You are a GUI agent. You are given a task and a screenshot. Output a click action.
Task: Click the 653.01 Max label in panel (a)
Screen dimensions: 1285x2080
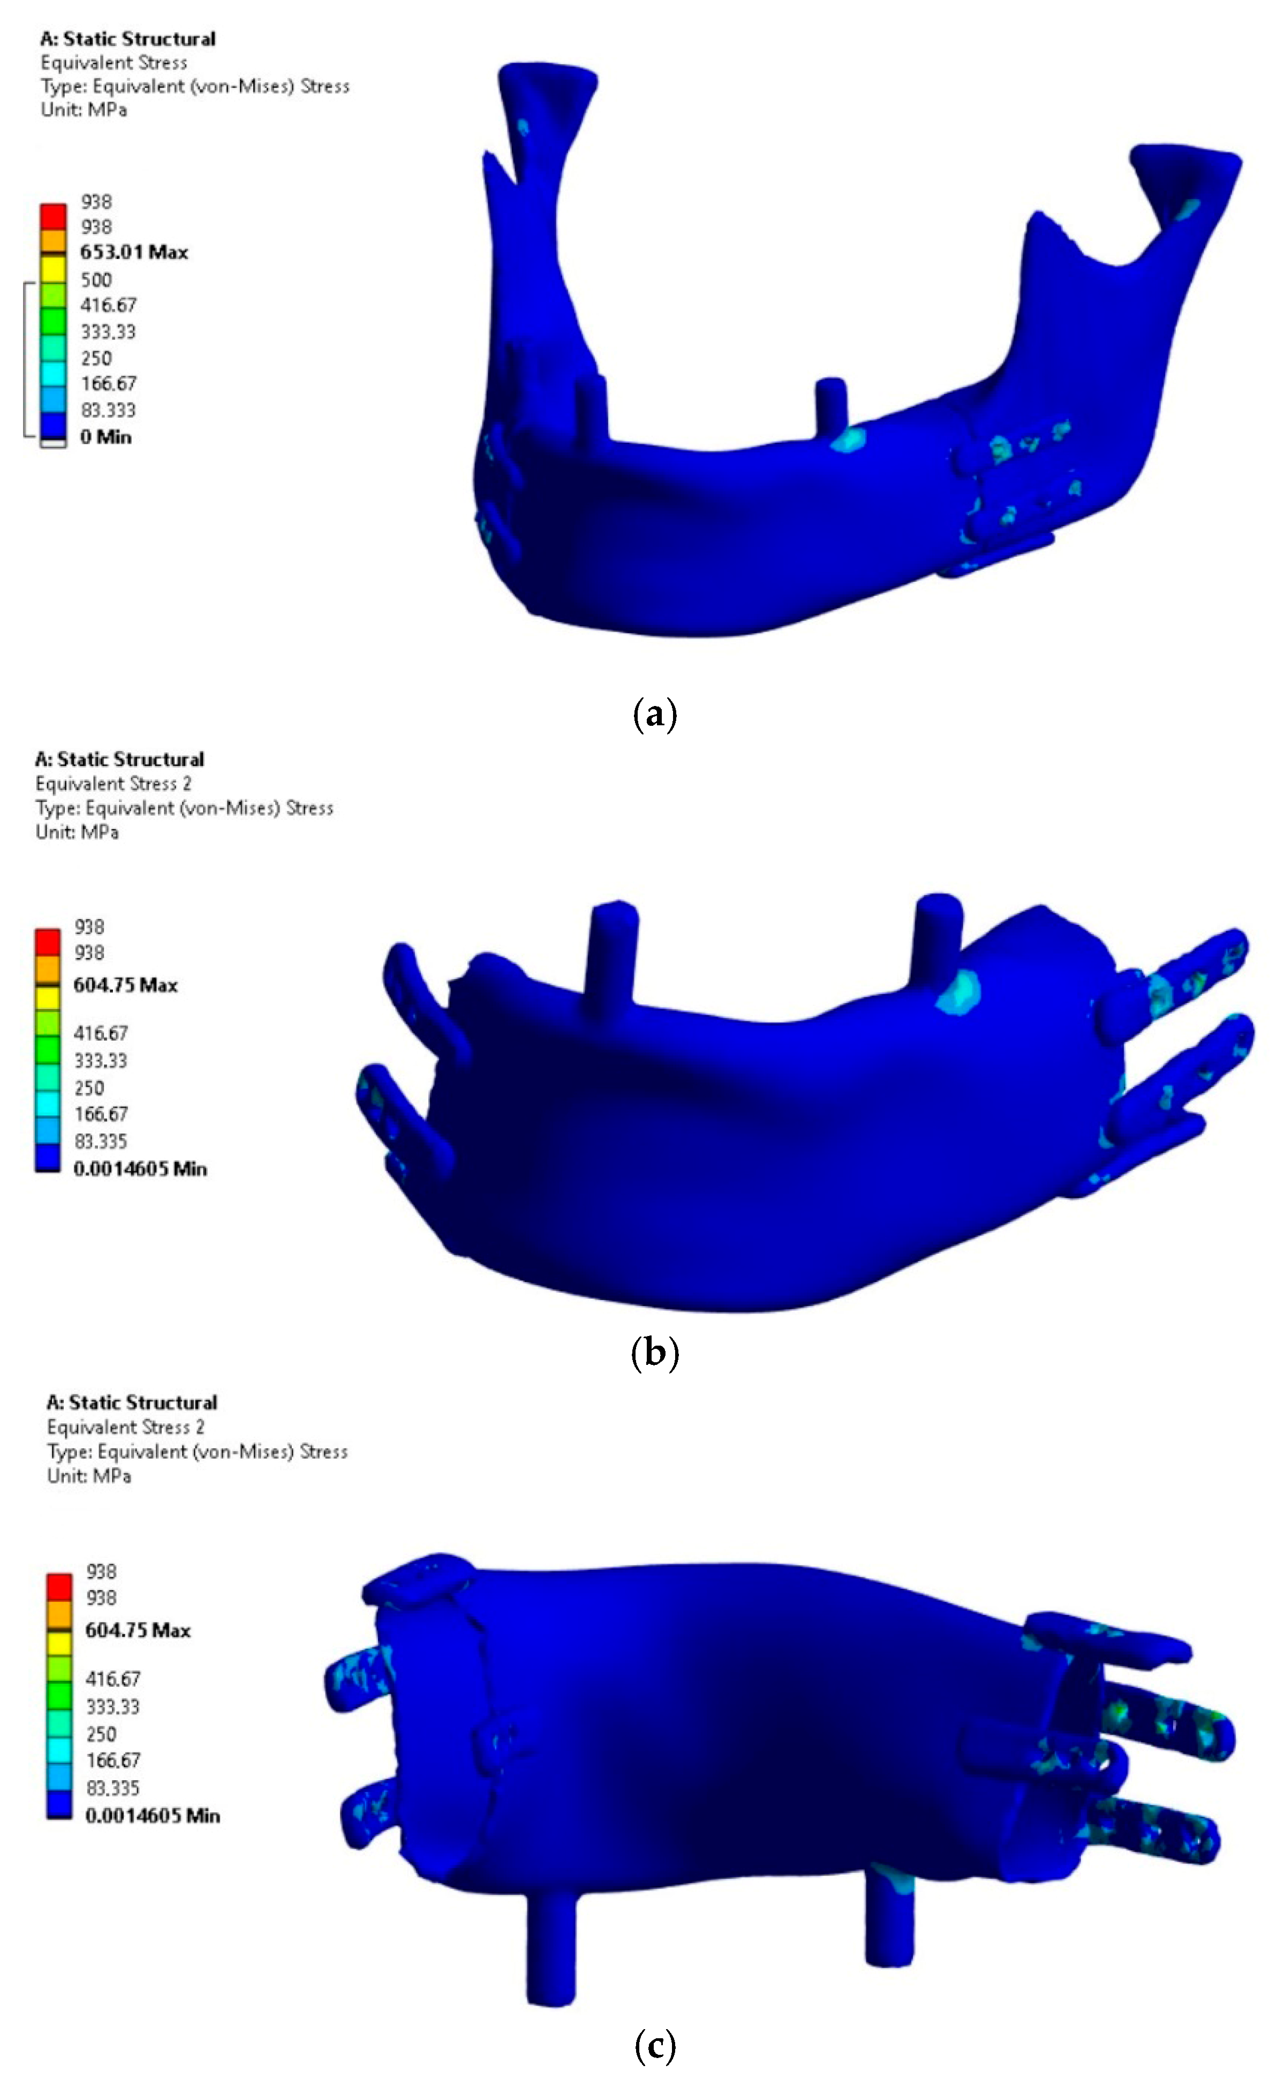pos(133,252)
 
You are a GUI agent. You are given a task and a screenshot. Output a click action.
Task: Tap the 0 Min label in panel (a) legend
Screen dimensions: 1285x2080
pos(105,437)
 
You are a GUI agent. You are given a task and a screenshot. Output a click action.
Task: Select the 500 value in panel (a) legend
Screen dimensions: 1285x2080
pos(96,279)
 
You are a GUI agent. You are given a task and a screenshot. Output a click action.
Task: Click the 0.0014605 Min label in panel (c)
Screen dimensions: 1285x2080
pos(152,1816)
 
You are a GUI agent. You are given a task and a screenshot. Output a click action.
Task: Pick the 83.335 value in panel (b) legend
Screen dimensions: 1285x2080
pos(100,1141)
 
